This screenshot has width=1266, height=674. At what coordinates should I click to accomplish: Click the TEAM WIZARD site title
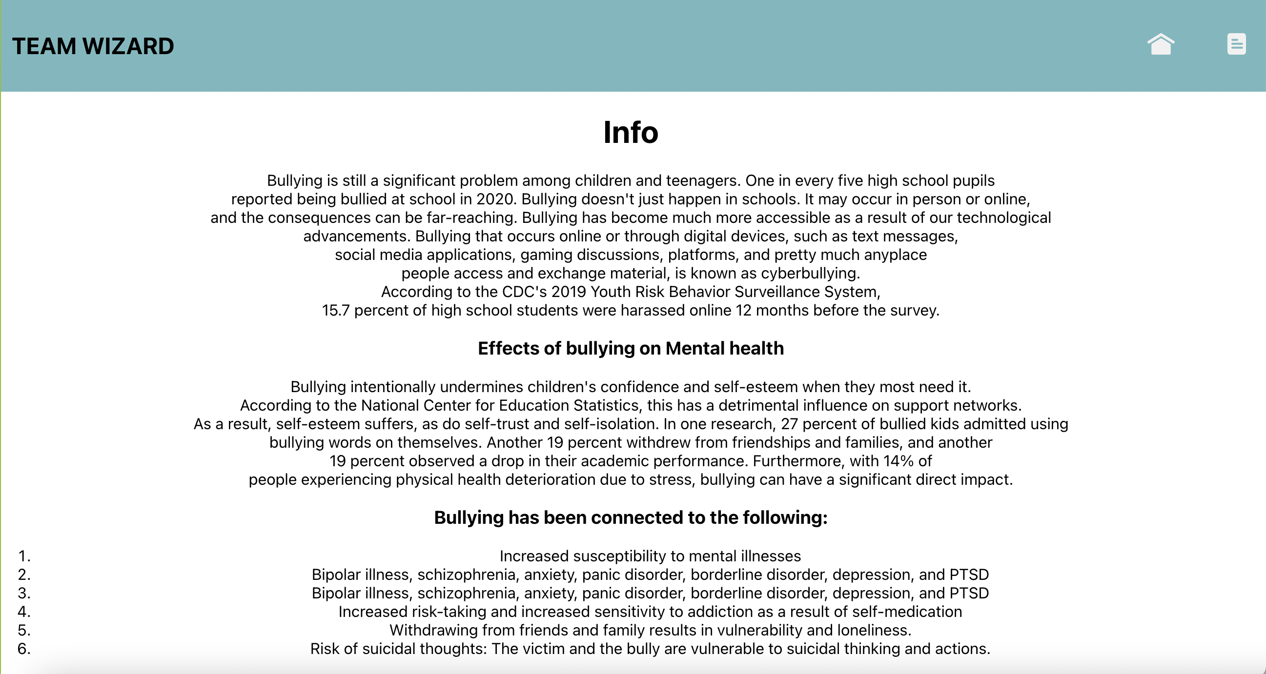pyautogui.click(x=93, y=46)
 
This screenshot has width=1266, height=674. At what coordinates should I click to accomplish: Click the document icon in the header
pyautogui.click(x=1236, y=44)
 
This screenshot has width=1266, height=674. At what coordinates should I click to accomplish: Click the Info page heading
pyautogui.click(x=631, y=132)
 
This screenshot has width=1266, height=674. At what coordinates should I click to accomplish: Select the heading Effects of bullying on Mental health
pyautogui.click(x=631, y=348)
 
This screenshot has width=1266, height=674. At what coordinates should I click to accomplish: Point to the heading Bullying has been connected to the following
pyautogui.click(x=631, y=517)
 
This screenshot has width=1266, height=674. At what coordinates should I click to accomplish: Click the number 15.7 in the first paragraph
pyautogui.click(x=336, y=311)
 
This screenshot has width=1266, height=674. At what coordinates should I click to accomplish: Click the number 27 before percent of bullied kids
pyautogui.click(x=789, y=424)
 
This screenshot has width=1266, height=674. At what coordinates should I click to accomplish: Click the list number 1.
pyautogui.click(x=24, y=556)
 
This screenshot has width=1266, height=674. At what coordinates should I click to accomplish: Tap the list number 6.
pyautogui.click(x=24, y=649)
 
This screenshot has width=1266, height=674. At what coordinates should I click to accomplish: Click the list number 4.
pyautogui.click(x=24, y=612)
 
